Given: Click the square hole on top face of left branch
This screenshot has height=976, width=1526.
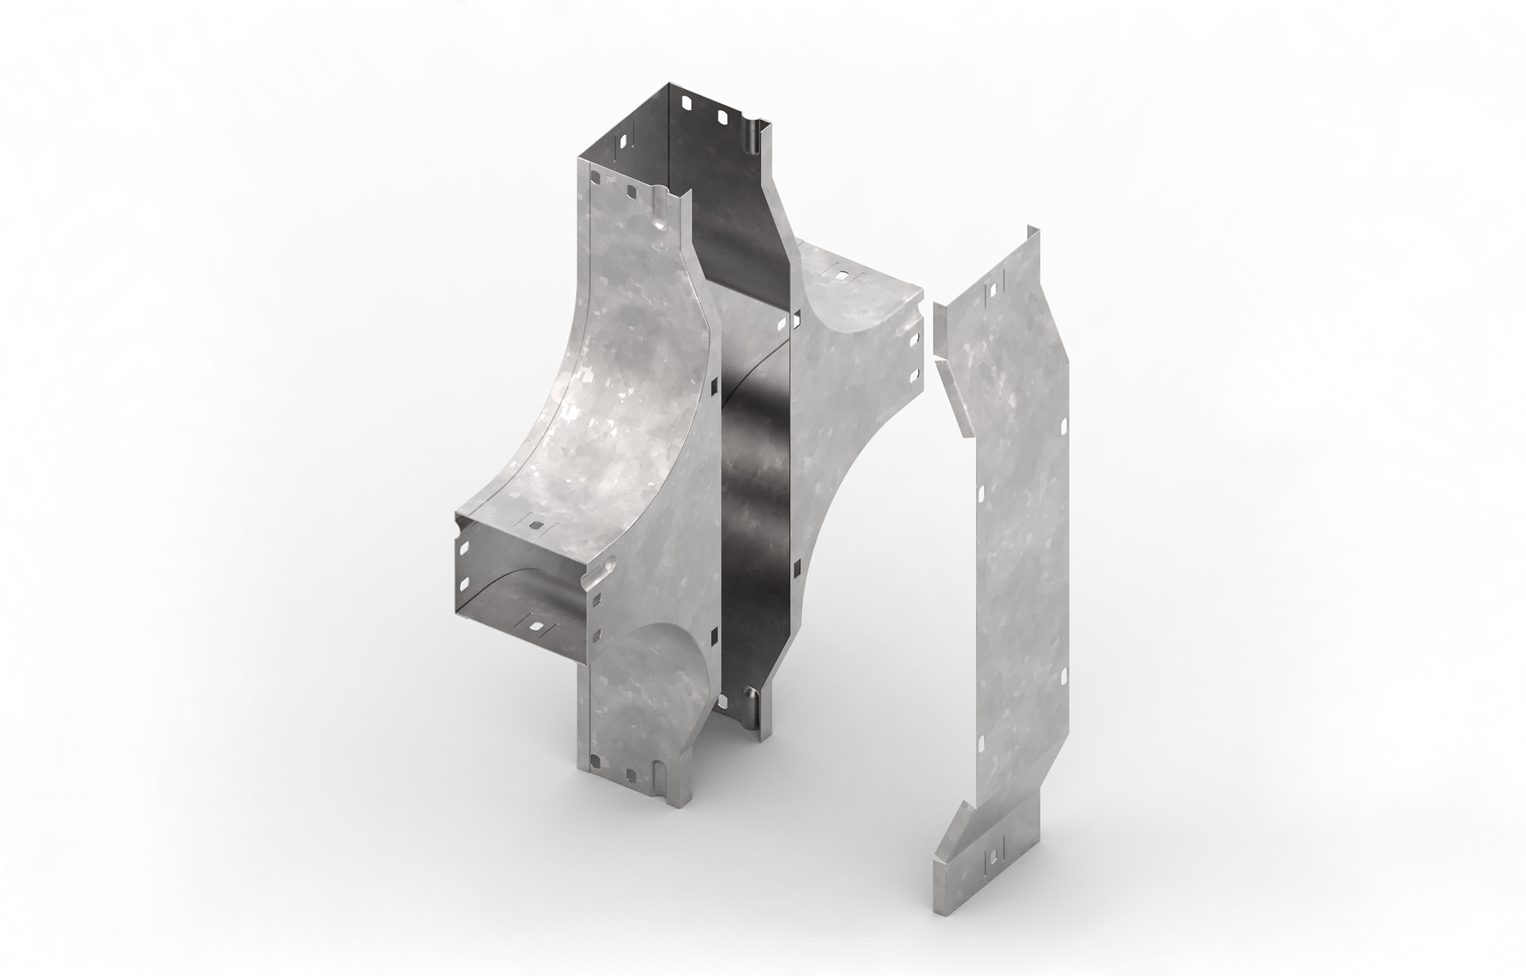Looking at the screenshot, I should click(x=536, y=524).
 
